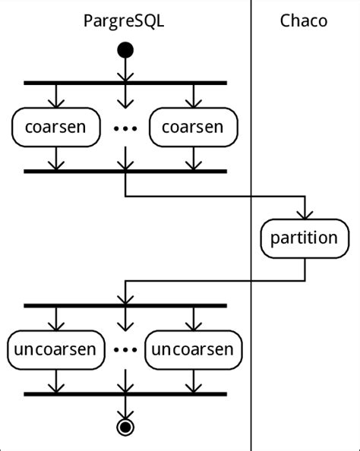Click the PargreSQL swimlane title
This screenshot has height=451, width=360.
(x=124, y=20)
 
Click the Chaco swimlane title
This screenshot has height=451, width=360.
(x=304, y=20)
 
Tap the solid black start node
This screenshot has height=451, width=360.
(x=125, y=51)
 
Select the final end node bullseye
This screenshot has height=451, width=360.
(x=125, y=427)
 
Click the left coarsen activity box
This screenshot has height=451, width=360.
(x=55, y=126)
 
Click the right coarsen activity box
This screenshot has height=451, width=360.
(x=194, y=126)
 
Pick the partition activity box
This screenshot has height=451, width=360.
(x=305, y=238)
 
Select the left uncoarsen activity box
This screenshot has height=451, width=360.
(x=55, y=349)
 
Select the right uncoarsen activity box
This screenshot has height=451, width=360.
(x=194, y=349)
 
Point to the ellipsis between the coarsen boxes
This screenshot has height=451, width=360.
(x=125, y=128)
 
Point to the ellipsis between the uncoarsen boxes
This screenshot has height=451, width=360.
(x=125, y=350)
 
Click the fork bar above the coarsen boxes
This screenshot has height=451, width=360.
(x=125, y=82)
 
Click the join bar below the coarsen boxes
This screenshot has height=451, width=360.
(x=125, y=171)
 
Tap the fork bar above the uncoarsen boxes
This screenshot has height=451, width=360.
(x=125, y=305)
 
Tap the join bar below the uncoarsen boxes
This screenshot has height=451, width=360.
(x=125, y=394)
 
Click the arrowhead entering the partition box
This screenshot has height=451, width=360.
(x=305, y=213)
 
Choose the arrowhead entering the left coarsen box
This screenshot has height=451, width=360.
(x=55, y=102)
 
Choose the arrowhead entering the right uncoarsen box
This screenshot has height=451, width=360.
(x=194, y=326)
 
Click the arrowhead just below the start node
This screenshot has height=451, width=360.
(x=125, y=74)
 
